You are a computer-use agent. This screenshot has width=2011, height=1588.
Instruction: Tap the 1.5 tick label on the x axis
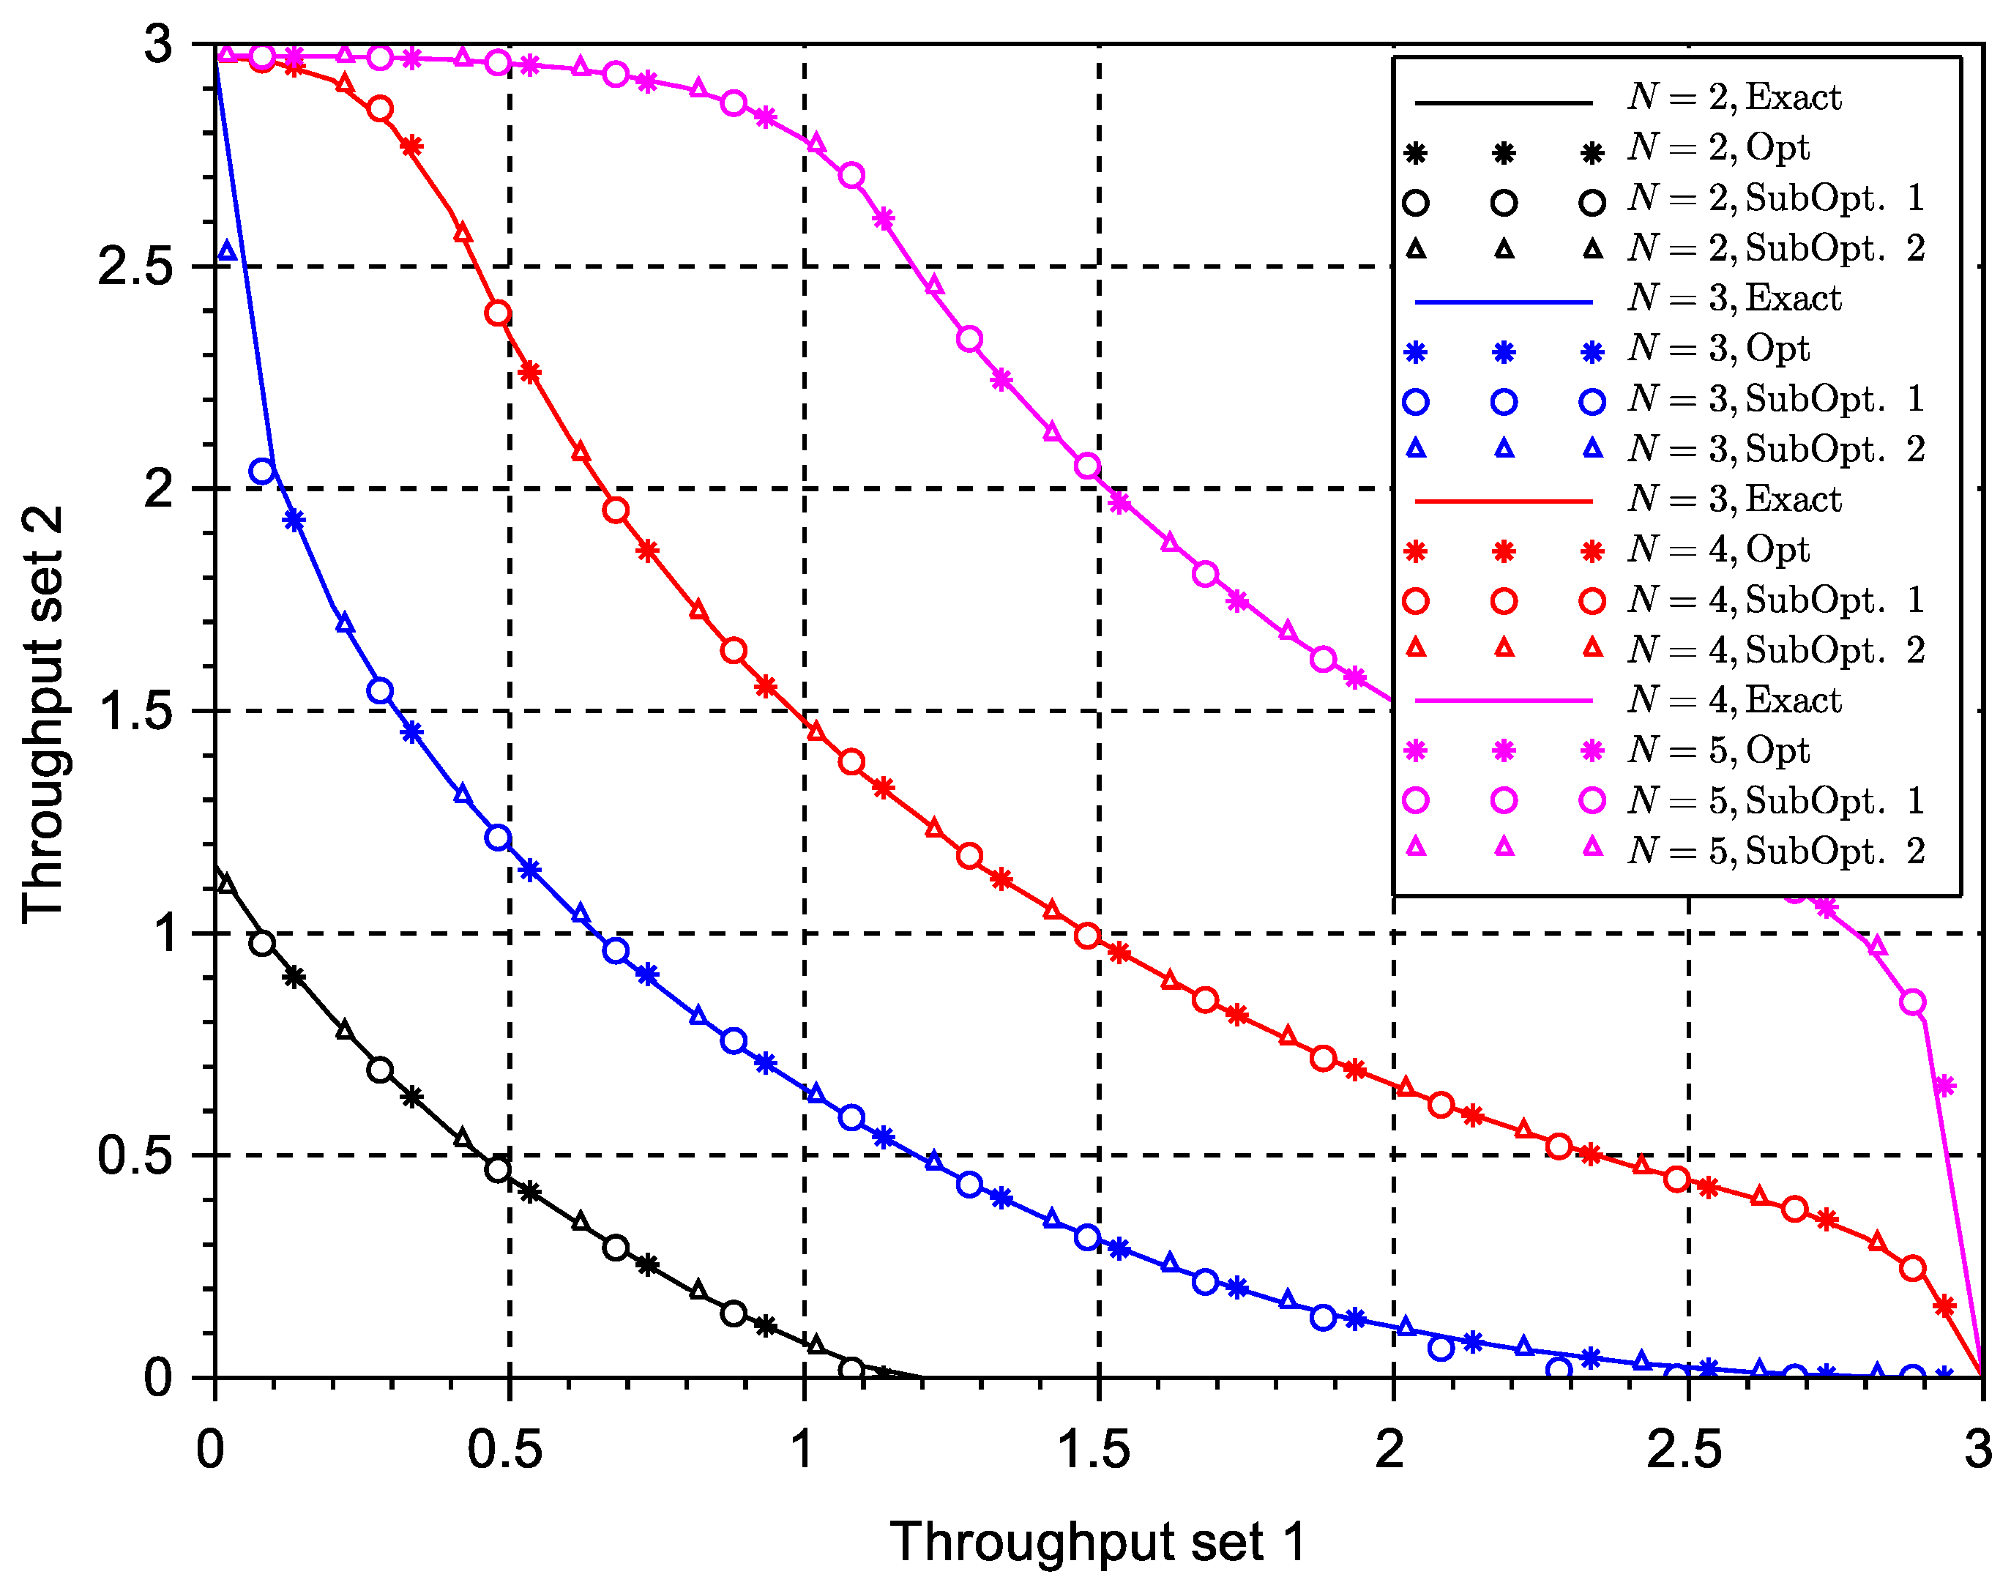(x=1094, y=1449)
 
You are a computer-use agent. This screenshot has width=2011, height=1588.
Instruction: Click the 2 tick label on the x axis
(x=1390, y=1449)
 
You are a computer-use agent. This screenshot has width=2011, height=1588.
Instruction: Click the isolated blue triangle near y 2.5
(x=227, y=251)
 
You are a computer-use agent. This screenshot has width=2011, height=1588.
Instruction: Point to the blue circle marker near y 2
(x=262, y=471)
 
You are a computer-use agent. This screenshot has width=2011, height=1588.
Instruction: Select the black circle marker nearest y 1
(x=262, y=943)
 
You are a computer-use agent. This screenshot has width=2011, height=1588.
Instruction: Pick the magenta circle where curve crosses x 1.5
(x=1088, y=466)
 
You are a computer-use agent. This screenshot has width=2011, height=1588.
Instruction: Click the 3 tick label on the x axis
(x=1977, y=1449)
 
